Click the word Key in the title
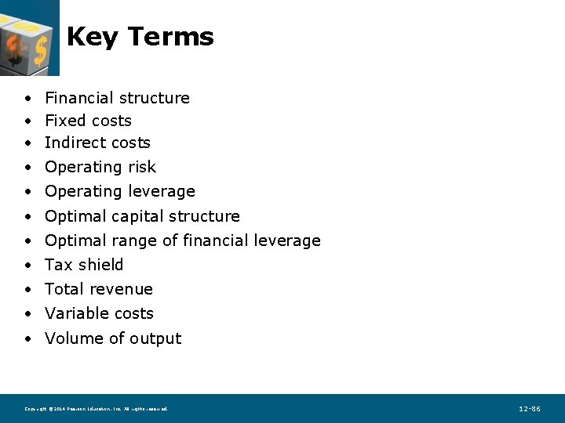pos(92,37)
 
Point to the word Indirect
pos(73,143)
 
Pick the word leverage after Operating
pos(164,192)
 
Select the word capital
pos(140,216)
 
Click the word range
pos(135,241)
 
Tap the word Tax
pos(57,265)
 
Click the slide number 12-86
pos(530,409)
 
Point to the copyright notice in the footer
pos(96,409)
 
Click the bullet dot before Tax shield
pos(27,266)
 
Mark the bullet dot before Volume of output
pos(27,339)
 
